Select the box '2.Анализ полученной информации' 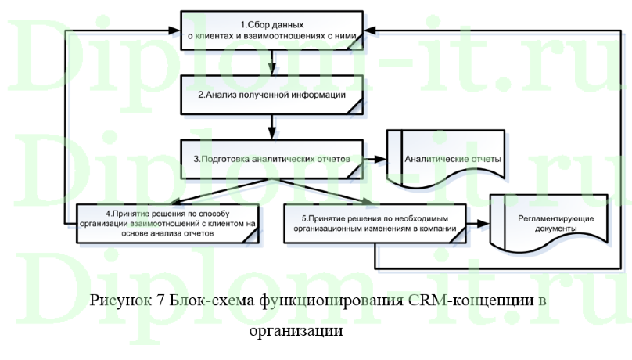point(271,95)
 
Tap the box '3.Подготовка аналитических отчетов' point(271,158)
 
